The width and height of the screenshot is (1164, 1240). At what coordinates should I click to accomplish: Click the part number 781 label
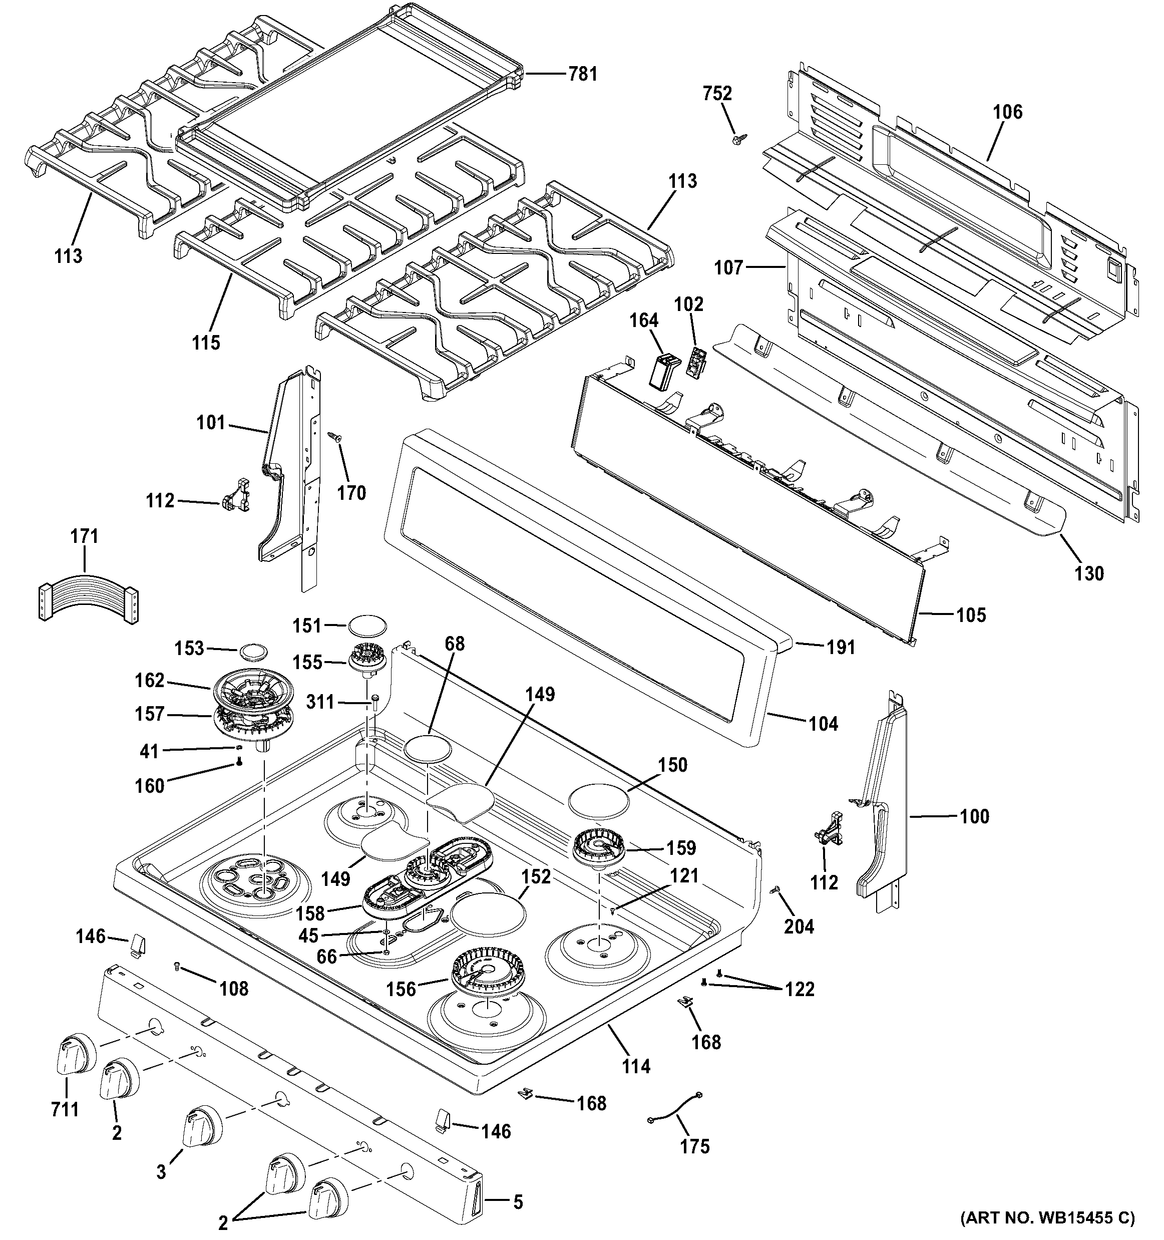tap(582, 74)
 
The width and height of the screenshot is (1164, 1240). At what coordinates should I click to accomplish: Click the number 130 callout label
tap(1089, 573)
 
